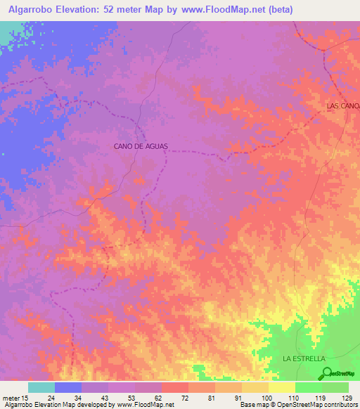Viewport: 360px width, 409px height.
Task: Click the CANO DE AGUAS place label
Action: tap(141, 146)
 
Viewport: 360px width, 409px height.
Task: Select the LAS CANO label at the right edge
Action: tap(343, 105)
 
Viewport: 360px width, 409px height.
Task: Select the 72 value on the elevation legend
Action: tap(186, 398)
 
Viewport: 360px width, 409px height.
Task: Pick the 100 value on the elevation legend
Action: tap(265, 398)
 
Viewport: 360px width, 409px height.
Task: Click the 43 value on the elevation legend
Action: tap(106, 398)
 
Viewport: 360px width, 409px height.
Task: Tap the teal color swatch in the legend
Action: tap(41, 387)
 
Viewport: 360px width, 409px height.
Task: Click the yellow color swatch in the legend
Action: tap(281, 387)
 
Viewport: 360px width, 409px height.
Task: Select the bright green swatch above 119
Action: tap(308, 387)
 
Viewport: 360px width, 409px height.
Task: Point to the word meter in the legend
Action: tap(11, 398)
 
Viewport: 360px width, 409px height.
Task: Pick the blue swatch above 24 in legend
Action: tap(67, 387)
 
